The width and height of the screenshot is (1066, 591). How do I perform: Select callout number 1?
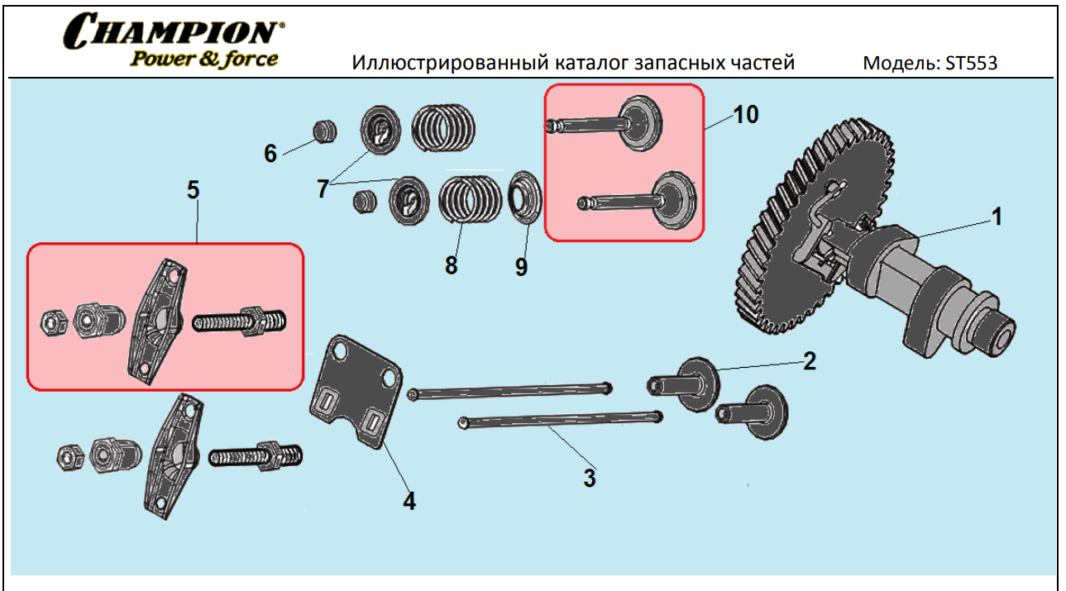point(997,217)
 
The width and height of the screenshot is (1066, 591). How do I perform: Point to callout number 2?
point(809,360)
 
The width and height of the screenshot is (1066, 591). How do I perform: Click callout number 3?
point(589,478)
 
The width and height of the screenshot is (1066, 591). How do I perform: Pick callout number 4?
point(409,500)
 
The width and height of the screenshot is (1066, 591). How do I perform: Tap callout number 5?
point(193,190)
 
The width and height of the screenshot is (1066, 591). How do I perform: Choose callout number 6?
point(270,154)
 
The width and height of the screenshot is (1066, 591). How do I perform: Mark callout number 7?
point(323,189)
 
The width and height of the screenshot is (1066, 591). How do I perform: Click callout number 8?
point(451,265)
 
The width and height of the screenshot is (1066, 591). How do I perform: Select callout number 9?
point(521,267)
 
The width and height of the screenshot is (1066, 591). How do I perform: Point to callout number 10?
point(745,114)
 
